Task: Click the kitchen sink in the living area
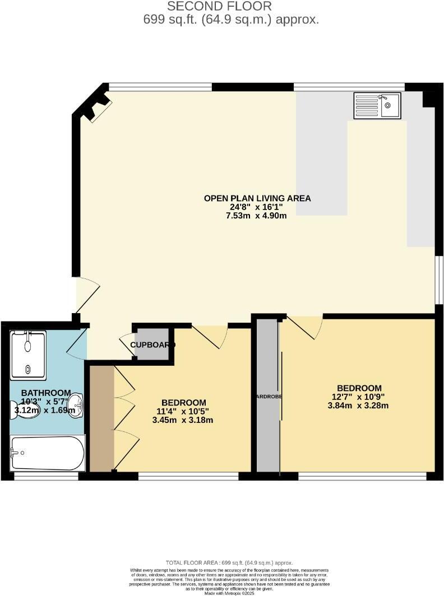377,105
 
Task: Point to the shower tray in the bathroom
28,354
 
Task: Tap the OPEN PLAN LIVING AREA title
257,198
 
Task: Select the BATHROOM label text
46,393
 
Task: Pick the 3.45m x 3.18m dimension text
183,420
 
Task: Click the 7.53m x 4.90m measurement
257,215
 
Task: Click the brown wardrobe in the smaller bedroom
102,418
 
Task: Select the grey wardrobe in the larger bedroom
268,397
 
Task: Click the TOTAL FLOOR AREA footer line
229,562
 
